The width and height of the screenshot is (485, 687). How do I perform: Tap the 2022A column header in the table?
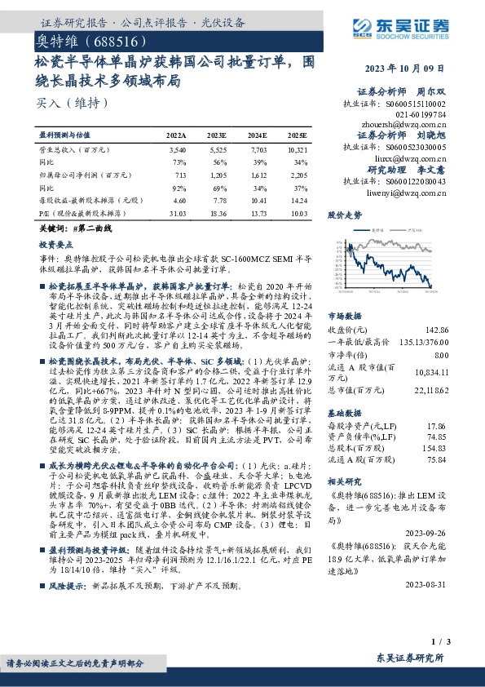click(x=176, y=135)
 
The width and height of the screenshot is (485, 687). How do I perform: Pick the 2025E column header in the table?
click(x=298, y=135)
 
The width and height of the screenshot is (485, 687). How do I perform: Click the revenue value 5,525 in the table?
click(x=218, y=151)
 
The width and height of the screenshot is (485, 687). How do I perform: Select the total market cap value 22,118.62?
click(x=429, y=392)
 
